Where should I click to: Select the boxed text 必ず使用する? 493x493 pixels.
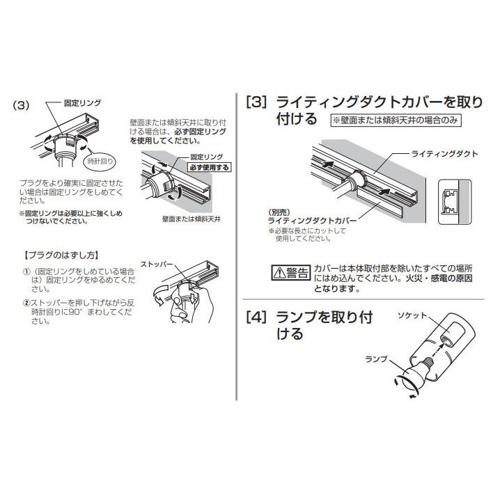(x=208, y=168)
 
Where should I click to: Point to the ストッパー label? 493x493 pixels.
(x=157, y=265)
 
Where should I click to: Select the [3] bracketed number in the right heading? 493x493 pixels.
(x=256, y=102)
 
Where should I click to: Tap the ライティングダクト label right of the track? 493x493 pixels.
(x=444, y=153)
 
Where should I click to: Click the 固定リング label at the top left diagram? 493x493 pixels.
(x=82, y=102)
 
